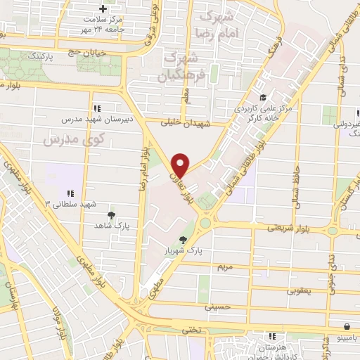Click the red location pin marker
pos(181,164)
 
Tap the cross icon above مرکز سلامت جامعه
pos(103,8)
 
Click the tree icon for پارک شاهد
pos(111,215)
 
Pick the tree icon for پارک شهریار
pos(184,240)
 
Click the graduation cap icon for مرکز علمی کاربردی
pos(262,98)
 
